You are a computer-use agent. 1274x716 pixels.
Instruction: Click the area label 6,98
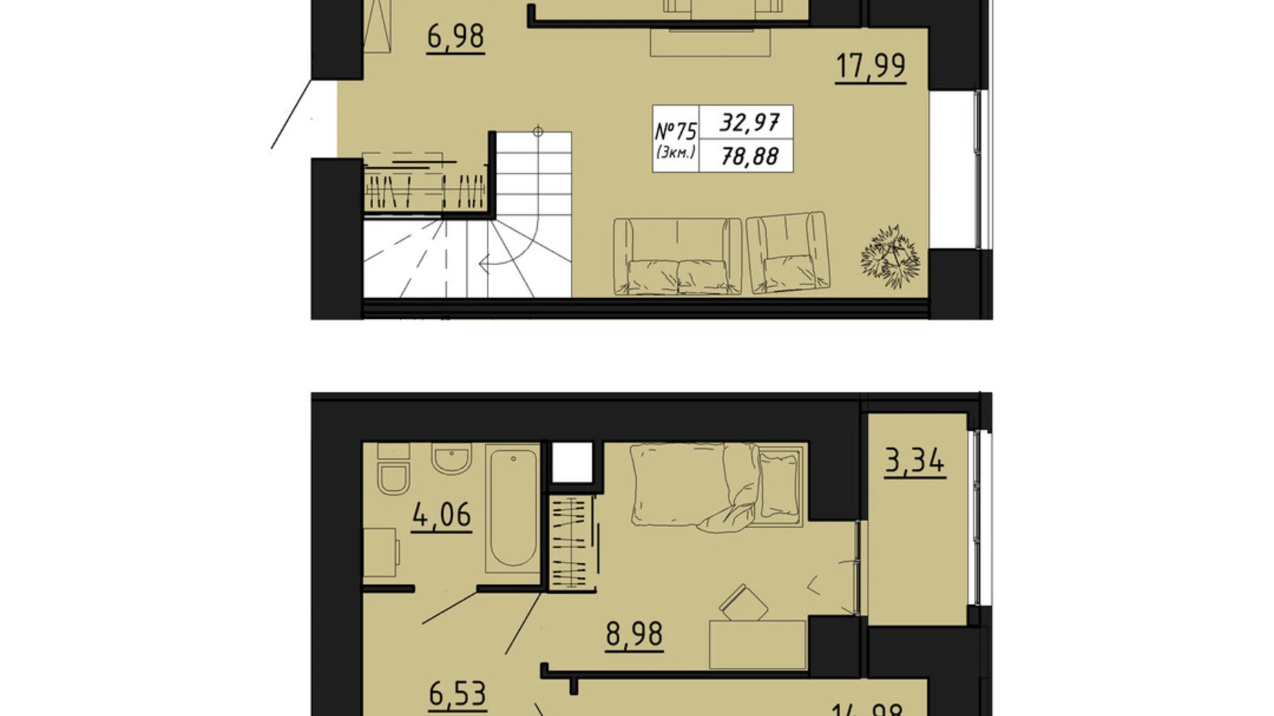click(x=455, y=36)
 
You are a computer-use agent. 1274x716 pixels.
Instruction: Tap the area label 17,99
click(x=870, y=66)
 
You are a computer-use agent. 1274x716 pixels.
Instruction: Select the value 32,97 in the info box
click(x=749, y=123)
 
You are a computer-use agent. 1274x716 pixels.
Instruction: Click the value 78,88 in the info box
click(x=749, y=157)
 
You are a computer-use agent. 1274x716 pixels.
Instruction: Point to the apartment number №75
click(x=676, y=131)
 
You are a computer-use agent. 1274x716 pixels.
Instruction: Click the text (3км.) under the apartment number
click(x=676, y=153)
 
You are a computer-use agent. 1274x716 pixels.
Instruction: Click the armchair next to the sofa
click(x=789, y=253)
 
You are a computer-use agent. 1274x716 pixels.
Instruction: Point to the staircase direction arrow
click(x=485, y=262)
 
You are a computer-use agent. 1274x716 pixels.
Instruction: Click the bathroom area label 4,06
click(x=441, y=515)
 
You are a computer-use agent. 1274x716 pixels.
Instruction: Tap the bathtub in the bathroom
click(x=513, y=508)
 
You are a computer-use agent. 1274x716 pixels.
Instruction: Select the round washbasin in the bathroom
click(x=452, y=458)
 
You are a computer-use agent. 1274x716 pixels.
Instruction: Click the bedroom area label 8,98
click(x=634, y=633)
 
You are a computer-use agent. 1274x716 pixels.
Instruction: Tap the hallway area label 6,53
click(x=457, y=693)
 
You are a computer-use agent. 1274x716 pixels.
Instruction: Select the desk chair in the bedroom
click(x=744, y=603)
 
